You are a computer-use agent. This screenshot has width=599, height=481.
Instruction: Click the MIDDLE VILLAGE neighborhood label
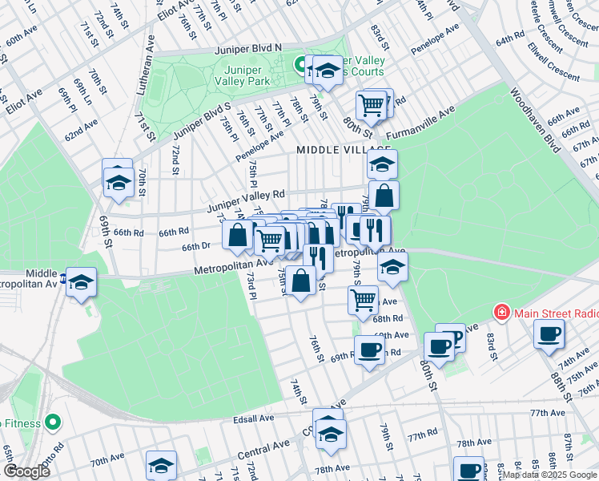[x=343, y=150]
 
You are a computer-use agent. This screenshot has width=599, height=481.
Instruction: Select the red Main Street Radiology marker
[x=502, y=312]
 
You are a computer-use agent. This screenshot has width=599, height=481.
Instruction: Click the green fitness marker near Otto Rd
[x=53, y=421]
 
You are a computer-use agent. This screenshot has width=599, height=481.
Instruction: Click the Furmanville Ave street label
[x=420, y=123]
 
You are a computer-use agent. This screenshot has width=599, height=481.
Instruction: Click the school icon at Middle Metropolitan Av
[x=81, y=282]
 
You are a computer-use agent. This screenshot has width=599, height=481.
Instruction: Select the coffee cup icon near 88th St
[x=549, y=333]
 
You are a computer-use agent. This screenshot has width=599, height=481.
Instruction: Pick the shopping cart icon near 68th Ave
[x=364, y=300]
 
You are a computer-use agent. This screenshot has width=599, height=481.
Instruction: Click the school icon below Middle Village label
[x=383, y=164]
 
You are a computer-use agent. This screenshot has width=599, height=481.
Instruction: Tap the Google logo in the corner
[x=26, y=471]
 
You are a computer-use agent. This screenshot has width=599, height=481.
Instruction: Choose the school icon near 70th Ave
[x=161, y=465]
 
